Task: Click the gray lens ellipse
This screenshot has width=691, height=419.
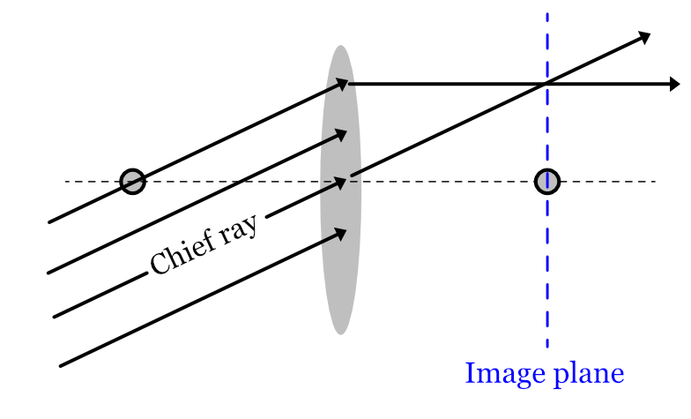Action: (x=340, y=265)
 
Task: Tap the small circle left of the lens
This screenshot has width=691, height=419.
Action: (x=132, y=181)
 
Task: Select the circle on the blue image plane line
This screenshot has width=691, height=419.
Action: (x=547, y=181)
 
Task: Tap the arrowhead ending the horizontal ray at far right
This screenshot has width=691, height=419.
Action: (x=674, y=84)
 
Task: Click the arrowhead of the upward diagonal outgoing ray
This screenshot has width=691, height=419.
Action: (x=644, y=36)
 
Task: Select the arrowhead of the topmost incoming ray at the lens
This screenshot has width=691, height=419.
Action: (x=343, y=84)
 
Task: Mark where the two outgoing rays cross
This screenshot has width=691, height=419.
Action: (x=547, y=84)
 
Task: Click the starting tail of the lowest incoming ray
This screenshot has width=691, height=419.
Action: (x=60, y=365)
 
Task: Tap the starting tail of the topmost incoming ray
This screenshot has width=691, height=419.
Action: (x=49, y=222)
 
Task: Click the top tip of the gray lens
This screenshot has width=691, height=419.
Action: (x=340, y=47)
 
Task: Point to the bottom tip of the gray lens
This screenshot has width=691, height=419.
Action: (x=340, y=333)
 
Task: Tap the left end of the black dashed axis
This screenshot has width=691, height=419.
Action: (x=65, y=182)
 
